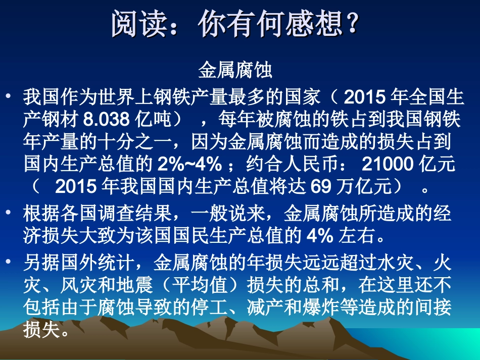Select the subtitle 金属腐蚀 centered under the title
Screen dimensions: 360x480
(x=235, y=71)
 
